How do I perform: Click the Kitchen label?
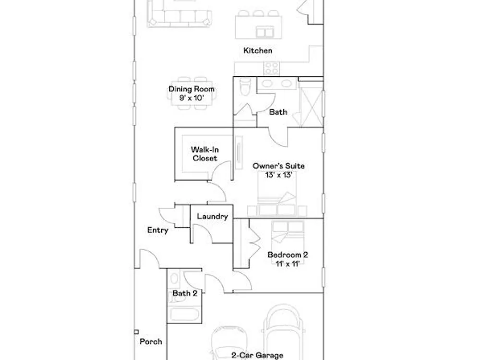coord(258,50)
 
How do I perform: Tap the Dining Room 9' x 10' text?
coord(192,94)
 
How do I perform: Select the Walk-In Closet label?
coord(205,154)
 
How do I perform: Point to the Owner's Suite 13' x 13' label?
coord(278,170)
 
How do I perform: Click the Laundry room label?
coord(213,216)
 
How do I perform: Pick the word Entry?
coord(157,230)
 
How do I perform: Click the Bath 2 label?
coord(185,293)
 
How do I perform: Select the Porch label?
coord(151,342)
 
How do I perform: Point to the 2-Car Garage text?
coord(257,355)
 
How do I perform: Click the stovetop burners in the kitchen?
coord(272,68)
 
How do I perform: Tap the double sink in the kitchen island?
coord(265,32)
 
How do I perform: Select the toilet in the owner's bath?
coord(245,86)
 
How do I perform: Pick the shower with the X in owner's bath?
coord(310,104)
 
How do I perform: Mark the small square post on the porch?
coord(136,332)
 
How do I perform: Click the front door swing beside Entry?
coord(149,259)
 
